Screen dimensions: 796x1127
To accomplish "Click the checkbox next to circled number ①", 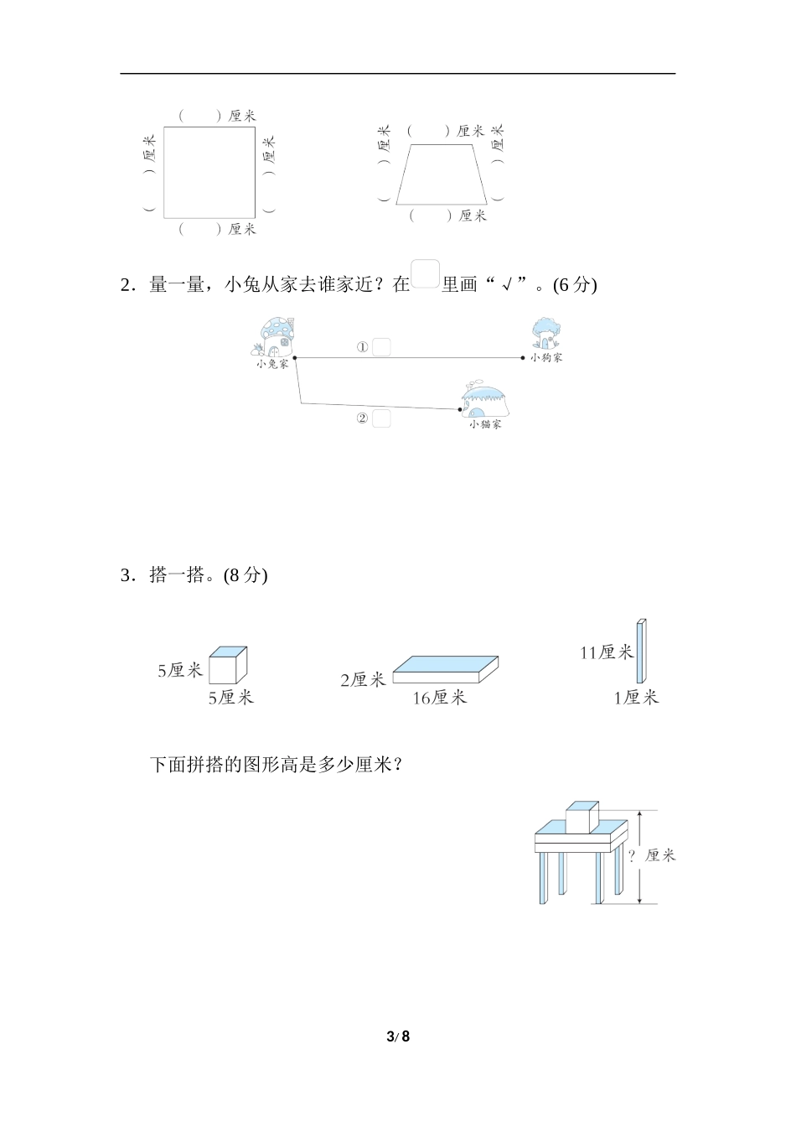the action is tap(381, 347).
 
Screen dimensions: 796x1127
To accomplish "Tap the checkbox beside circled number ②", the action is tap(381, 418).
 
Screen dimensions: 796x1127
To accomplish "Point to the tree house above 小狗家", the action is tap(545, 333).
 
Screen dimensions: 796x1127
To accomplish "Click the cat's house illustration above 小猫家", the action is tap(485, 402).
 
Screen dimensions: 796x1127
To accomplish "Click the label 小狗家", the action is tap(546, 357).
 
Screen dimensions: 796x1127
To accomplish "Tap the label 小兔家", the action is tap(272, 364).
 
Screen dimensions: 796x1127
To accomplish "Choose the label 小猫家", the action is tap(485, 424).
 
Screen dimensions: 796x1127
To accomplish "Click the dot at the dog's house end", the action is tap(523, 358).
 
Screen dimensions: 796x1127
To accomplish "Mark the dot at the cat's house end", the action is tap(460, 409).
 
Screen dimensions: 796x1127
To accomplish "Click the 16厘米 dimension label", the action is tap(440, 698).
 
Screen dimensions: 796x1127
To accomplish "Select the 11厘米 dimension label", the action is tap(606, 652).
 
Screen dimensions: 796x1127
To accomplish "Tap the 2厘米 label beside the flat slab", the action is tap(363, 680).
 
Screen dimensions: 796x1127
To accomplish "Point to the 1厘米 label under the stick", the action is tap(636, 698).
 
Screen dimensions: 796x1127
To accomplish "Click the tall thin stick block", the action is tap(642, 651).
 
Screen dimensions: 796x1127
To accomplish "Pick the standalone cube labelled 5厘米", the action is tap(228, 665).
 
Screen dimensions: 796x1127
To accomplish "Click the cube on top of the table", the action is tap(582, 818).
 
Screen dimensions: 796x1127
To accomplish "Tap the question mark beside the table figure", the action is tap(632, 854).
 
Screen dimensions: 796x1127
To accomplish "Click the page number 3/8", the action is tap(398, 1036).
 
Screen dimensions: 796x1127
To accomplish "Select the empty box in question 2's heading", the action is tap(426, 273).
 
